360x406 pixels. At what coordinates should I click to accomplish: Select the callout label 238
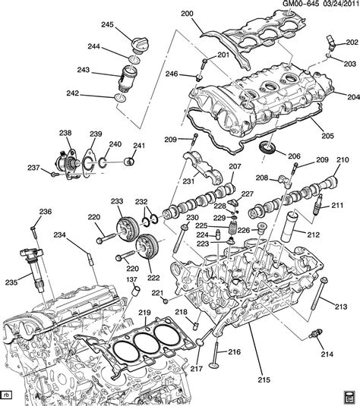[66, 131]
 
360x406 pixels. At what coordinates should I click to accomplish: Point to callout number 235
[11, 282]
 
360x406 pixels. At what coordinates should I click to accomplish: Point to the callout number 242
[93, 95]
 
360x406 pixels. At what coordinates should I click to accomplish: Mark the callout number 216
[234, 352]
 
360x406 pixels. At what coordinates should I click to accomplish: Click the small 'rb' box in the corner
[8, 395]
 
